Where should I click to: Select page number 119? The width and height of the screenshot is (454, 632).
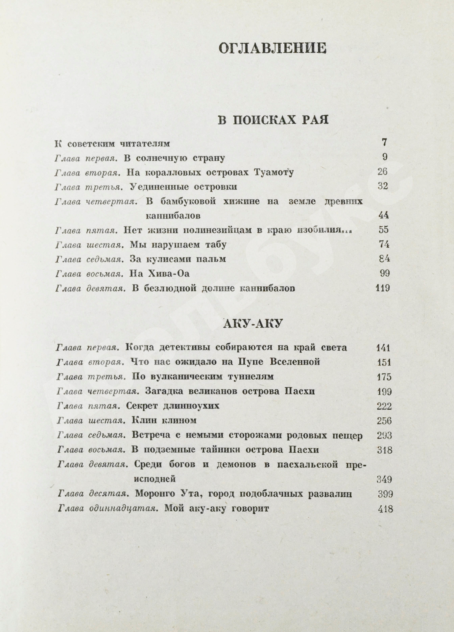pos(382,288)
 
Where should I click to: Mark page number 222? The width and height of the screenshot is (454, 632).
pos(384,406)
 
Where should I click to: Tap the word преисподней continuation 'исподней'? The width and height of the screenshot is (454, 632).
pos(154,479)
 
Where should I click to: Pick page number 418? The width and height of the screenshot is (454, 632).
pos(385,509)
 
